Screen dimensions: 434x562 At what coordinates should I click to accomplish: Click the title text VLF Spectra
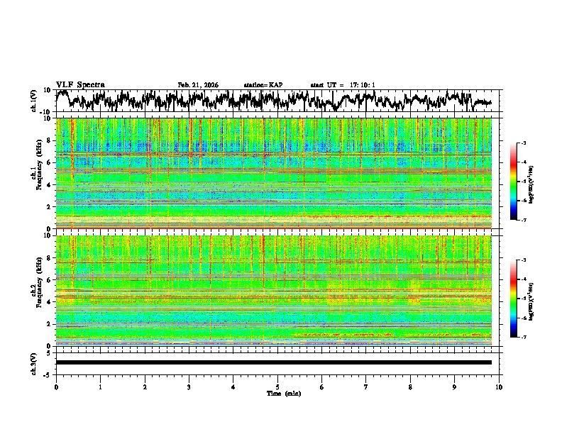pyautogui.click(x=80, y=85)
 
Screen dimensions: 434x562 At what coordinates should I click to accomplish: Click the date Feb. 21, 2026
pyautogui.click(x=198, y=85)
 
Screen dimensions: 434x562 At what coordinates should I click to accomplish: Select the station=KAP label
pyautogui.click(x=263, y=85)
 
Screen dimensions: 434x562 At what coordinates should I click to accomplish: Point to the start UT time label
pyautogui.click(x=343, y=85)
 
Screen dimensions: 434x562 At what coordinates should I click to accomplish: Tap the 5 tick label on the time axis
pyautogui.click(x=277, y=386)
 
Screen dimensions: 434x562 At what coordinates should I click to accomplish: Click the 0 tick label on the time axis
pyautogui.click(x=56, y=386)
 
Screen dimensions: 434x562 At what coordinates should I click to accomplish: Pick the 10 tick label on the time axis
pyautogui.click(x=499, y=386)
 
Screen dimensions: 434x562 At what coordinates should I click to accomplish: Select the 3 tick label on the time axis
pyautogui.click(x=189, y=386)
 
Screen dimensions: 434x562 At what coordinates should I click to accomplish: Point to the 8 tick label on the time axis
pyautogui.click(x=410, y=386)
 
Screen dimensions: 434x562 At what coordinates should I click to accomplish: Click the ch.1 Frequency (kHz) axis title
pyautogui.click(x=35, y=174)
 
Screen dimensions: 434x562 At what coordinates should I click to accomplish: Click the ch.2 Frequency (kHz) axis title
pyautogui.click(x=35, y=291)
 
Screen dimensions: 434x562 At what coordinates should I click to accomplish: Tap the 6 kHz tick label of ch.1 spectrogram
pyautogui.click(x=50, y=162)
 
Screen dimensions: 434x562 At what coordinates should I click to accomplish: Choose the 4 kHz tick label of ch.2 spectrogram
pyautogui.click(x=50, y=302)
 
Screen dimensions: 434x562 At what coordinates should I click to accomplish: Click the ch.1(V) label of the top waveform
pyautogui.click(x=35, y=101)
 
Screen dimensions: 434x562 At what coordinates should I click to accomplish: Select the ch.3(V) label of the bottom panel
pyautogui.click(x=35, y=362)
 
